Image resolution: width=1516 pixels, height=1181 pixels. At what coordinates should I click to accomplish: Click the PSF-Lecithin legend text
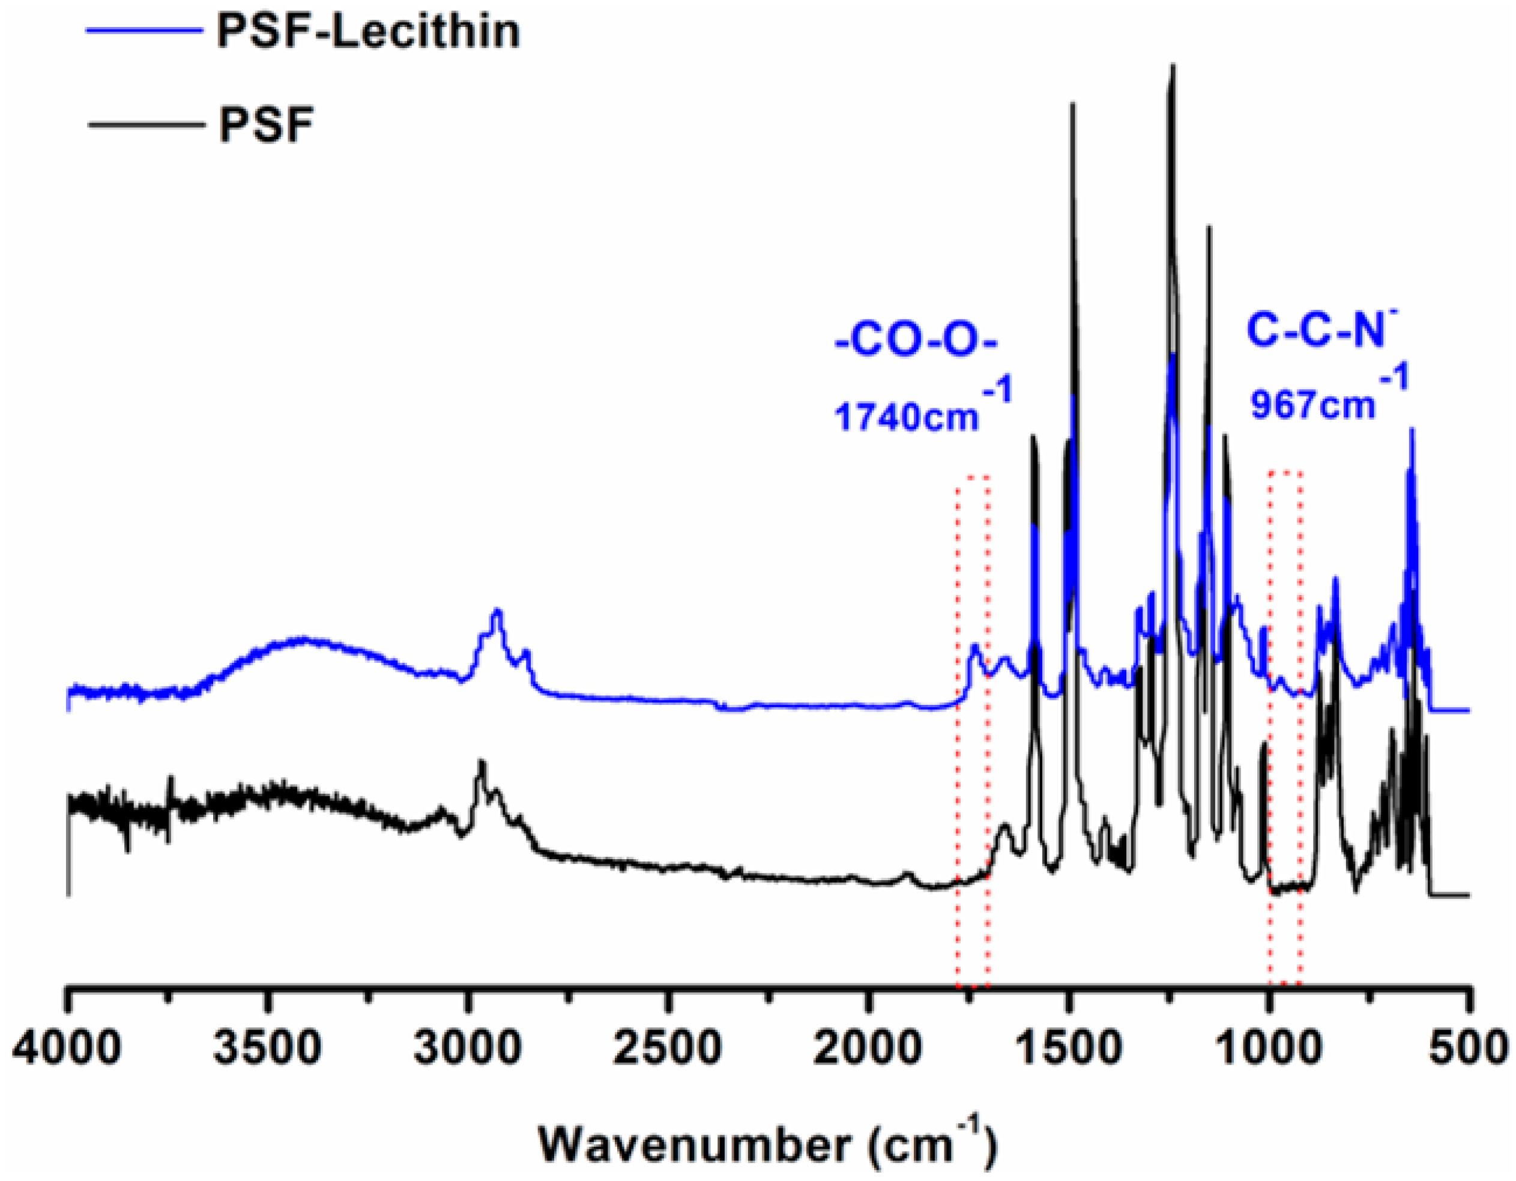tap(368, 31)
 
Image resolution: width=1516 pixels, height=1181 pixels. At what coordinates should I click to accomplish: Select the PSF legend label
tap(267, 125)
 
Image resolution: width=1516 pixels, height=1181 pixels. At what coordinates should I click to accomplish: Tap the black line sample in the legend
tap(146, 125)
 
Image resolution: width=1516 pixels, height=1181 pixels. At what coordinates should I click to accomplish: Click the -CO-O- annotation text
tap(916, 345)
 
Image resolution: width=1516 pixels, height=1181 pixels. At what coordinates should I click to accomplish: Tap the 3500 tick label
tap(268, 1048)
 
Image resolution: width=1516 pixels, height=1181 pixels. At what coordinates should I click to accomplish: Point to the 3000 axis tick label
tap(467, 1048)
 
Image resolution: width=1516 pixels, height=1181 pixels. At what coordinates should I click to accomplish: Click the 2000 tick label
tap(868, 1048)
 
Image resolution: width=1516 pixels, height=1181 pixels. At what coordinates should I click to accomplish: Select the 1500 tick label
tap(1068, 1048)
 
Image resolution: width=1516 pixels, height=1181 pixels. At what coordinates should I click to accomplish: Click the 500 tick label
tap(1466, 1048)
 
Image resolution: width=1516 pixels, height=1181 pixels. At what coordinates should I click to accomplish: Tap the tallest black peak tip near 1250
tap(1173, 67)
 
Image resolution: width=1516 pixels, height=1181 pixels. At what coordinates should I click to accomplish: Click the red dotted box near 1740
tap(973, 729)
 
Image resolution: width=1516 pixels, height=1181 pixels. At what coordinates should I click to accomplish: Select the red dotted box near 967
tap(1285, 729)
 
